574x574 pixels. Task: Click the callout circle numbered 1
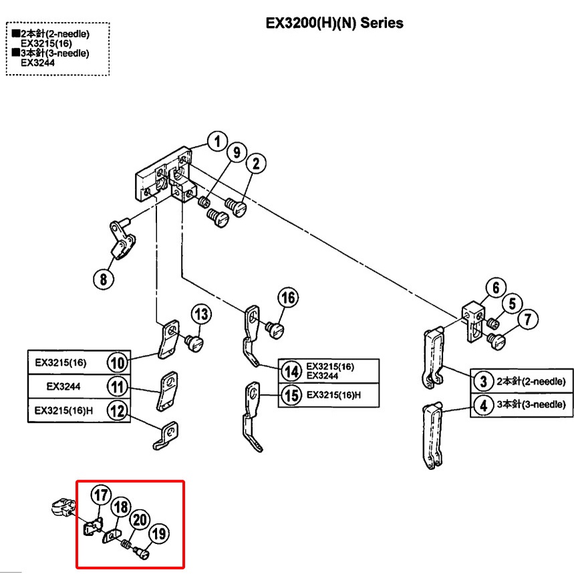[x=217, y=142]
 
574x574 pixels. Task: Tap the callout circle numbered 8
[x=103, y=279]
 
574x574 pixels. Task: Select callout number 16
[x=288, y=297]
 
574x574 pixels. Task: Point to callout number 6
[x=496, y=288]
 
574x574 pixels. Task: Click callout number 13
[x=201, y=314]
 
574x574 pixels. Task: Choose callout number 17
[x=100, y=496]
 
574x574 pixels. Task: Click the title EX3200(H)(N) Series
[x=334, y=23]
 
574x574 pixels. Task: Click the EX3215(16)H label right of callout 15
[x=333, y=395]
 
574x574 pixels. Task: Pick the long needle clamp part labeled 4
[x=430, y=434]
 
